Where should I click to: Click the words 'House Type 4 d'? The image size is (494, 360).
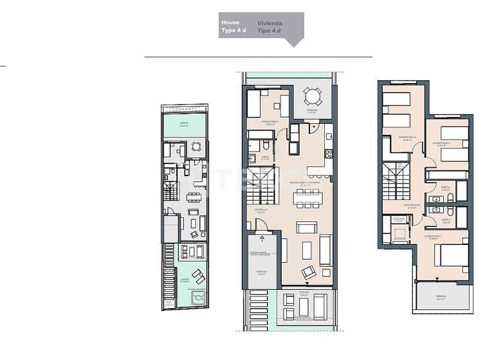230,26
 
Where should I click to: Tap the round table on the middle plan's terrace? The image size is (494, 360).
312,97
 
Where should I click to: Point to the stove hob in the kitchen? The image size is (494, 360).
329,154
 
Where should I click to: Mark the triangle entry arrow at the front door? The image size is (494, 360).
262,235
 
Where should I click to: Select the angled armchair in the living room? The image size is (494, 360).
309,272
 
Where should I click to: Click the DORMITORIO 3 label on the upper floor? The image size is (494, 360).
407,137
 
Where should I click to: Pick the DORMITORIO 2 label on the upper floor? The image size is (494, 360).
441,143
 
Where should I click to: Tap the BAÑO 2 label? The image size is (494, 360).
446,188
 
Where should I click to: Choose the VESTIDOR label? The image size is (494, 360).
398,219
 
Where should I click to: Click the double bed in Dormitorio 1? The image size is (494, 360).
452,256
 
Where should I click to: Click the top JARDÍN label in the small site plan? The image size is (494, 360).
183,125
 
